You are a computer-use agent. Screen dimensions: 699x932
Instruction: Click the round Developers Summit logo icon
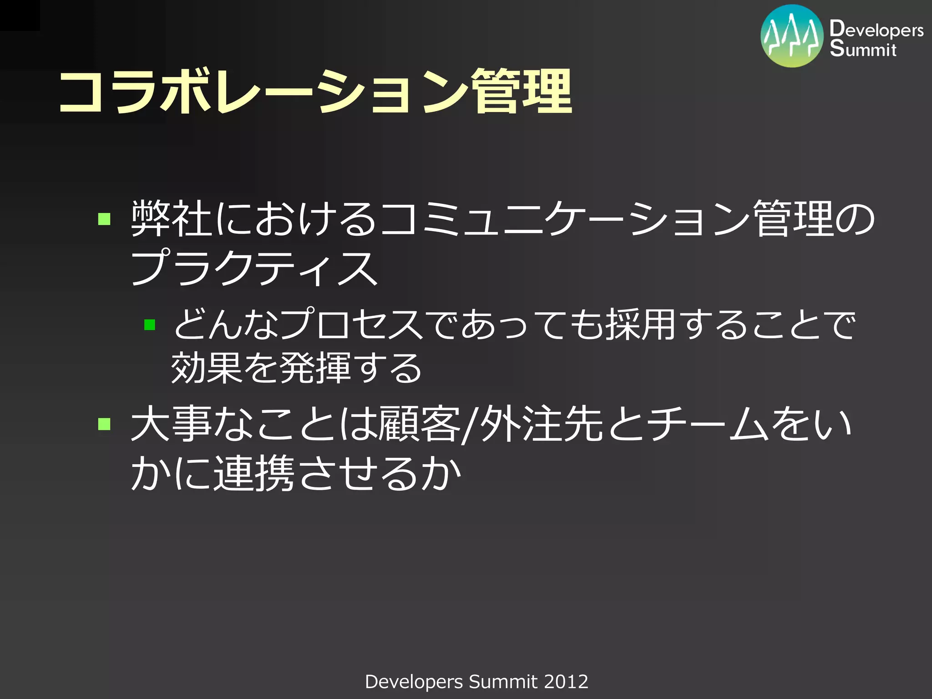coord(791,36)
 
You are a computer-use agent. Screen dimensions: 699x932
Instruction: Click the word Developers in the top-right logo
coord(876,29)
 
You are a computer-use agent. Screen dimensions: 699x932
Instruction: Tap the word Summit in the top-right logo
coord(863,49)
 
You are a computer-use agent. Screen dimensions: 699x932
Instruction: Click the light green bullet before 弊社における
coord(104,219)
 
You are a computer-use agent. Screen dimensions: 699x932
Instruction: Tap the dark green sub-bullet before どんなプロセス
coord(150,324)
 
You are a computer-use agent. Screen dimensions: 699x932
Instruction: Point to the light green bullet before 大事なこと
coord(104,424)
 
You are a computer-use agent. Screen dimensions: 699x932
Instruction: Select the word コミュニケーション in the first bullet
coord(564,219)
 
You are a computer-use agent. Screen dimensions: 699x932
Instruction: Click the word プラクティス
coord(254,268)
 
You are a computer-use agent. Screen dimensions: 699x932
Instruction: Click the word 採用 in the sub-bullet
coord(640,324)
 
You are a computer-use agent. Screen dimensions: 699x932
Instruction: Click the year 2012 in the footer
coord(566,682)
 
